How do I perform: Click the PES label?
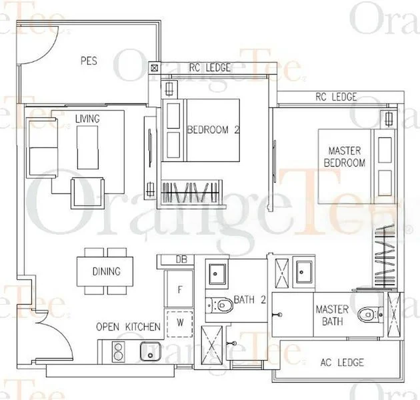(x=89, y=61)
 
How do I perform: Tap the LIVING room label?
(x=87, y=119)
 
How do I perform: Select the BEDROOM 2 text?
(x=213, y=129)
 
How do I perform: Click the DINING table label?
(x=107, y=271)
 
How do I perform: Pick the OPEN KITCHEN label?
(x=128, y=327)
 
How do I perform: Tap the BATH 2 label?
(x=250, y=301)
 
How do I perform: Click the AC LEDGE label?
(x=342, y=362)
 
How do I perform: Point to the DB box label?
(x=180, y=259)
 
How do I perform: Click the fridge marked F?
(x=179, y=290)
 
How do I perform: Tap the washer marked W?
(x=179, y=323)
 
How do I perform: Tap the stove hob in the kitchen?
(x=118, y=349)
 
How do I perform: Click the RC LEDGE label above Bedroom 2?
(x=210, y=67)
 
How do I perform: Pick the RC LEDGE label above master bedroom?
(x=336, y=97)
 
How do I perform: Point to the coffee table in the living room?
(x=88, y=145)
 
